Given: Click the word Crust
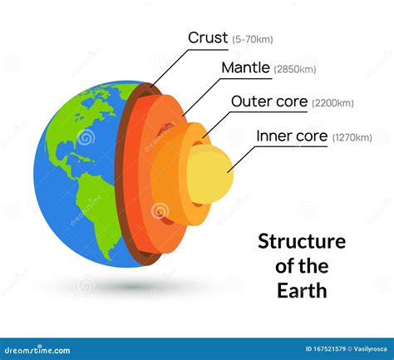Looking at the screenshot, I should click(207, 37).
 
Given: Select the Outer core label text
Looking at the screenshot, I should click(268, 101).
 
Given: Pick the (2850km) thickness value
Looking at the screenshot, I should click(295, 70).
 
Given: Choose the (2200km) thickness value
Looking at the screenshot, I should click(332, 103).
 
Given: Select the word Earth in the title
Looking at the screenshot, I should click(303, 291).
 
